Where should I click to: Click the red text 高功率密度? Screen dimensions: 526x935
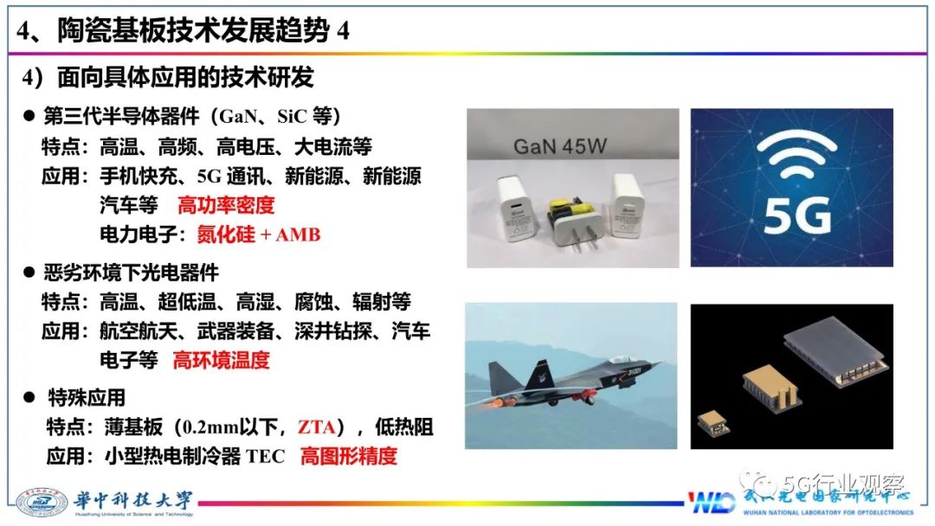[x=225, y=205]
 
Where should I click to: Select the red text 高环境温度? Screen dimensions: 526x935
[x=221, y=360]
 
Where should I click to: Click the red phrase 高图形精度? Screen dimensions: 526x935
[x=348, y=456]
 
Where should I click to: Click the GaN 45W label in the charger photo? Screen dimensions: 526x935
[x=560, y=145]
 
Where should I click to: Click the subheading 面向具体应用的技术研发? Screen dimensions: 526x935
[x=185, y=78]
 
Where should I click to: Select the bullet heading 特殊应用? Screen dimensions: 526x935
[x=86, y=397]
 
